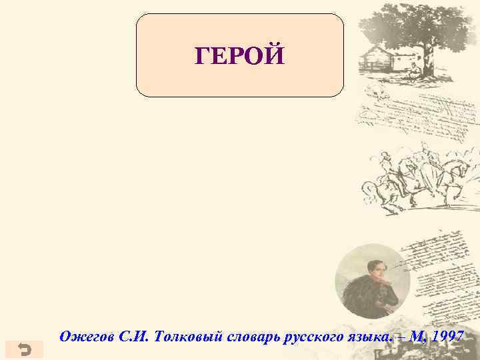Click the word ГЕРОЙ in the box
click(239, 56)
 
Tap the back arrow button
click(23, 349)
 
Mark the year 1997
click(448, 337)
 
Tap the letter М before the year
click(416, 337)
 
